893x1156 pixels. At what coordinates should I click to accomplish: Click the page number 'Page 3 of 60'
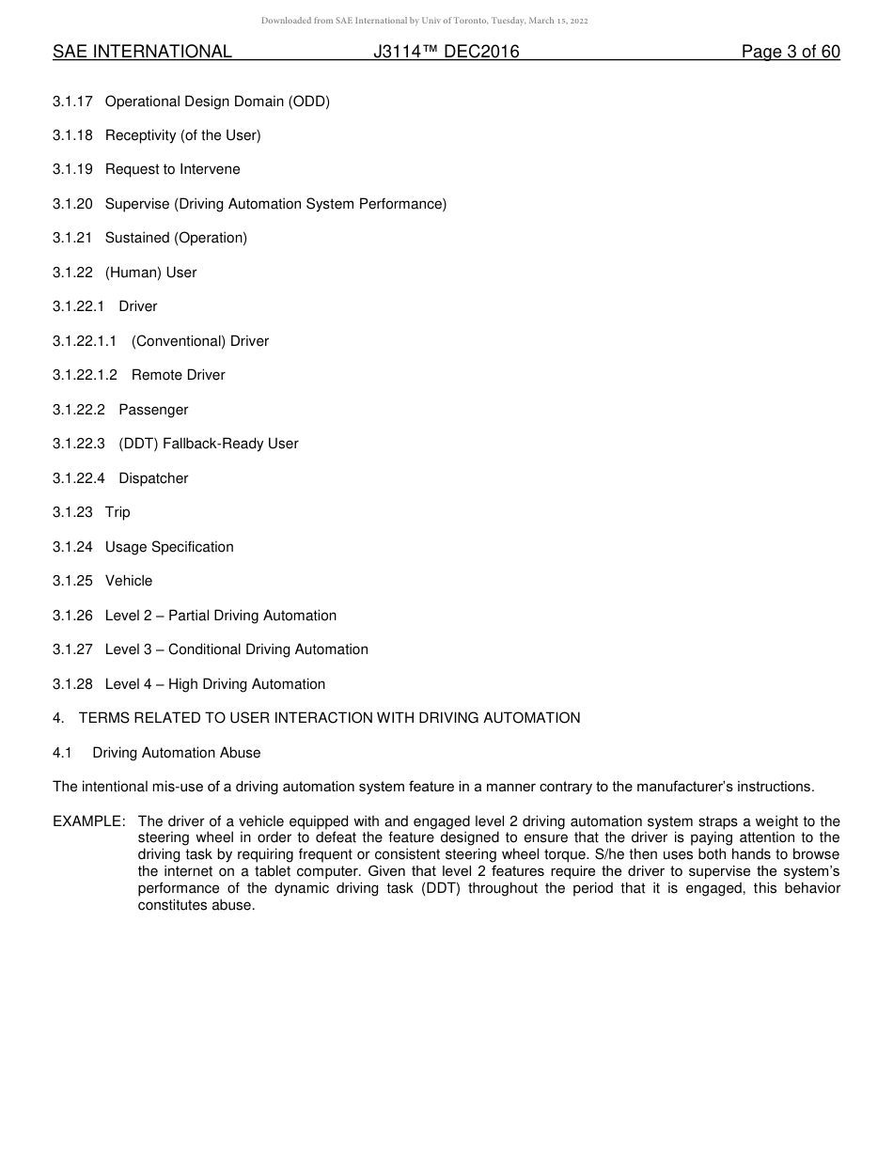791,53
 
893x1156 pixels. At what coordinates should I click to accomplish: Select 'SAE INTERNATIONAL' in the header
142,53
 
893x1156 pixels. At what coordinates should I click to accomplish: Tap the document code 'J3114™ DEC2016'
446,53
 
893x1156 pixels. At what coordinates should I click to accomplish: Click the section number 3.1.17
72,102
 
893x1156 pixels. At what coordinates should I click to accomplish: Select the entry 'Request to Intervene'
172,170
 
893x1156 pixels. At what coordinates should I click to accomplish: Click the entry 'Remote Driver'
178,376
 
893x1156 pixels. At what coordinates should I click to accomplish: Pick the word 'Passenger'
153,411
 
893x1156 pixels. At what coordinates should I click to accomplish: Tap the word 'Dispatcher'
153,479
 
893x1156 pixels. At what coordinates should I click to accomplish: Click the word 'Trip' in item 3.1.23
117,513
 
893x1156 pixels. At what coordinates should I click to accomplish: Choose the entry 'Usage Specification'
169,548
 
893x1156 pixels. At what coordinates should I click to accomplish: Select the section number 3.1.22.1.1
85,342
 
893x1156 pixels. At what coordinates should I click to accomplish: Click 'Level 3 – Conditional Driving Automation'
236,650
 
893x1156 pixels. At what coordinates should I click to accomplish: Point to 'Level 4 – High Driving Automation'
215,685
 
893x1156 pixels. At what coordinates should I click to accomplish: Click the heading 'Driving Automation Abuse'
177,754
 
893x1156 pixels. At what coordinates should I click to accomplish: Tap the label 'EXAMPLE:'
89,822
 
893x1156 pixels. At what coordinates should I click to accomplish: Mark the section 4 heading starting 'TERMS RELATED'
329,719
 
